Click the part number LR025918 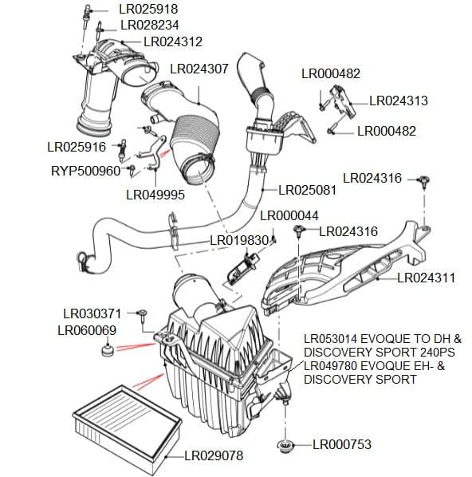[x=148, y=10]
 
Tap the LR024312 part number [x=173, y=41]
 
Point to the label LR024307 [x=199, y=69]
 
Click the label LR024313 [x=399, y=101]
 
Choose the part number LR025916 [x=77, y=147]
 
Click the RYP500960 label [x=85, y=171]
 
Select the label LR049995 [x=155, y=193]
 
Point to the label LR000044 [x=289, y=216]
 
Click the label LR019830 [x=238, y=240]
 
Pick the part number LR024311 [x=426, y=278]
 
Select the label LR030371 [x=92, y=313]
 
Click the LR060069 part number [x=87, y=330]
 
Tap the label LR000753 [x=342, y=444]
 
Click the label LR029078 [x=214, y=456]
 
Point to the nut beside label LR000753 [x=285, y=444]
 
